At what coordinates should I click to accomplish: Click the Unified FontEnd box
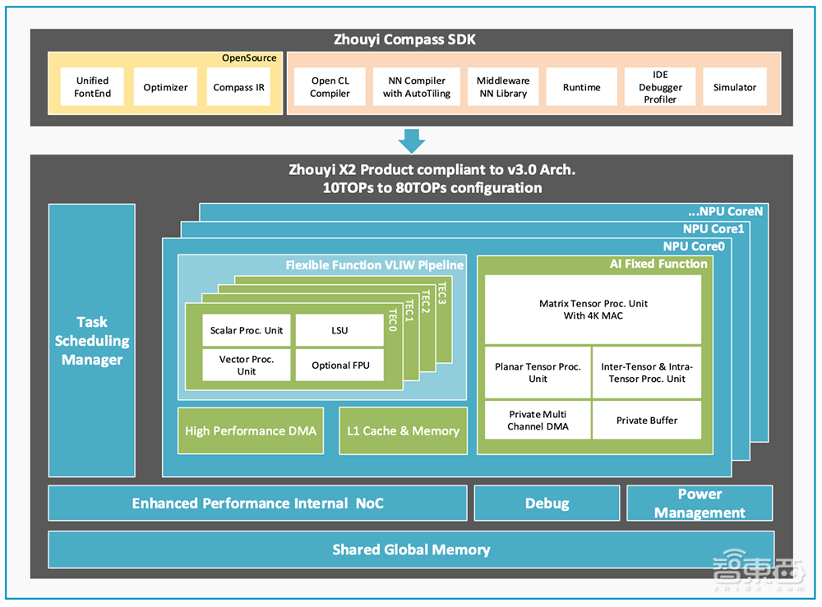click(92, 87)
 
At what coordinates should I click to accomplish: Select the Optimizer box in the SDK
click(165, 87)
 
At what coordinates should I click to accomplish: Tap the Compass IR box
click(238, 87)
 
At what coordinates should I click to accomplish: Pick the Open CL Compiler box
click(330, 87)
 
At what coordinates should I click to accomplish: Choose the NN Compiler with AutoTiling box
click(414, 87)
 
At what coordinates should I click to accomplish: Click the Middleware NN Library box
click(503, 87)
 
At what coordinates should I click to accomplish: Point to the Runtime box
click(581, 87)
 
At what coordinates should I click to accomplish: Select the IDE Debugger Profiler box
click(660, 87)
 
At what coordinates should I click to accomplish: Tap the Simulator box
click(734, 87)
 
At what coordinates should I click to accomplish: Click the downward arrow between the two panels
click(412, 140)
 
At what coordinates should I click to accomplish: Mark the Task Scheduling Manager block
click(91, 340)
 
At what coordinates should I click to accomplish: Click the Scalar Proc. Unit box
click(247, 330)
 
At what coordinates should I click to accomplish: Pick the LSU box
click(339, 330)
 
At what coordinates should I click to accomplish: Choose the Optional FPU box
click(340, 366)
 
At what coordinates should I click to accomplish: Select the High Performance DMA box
click(250, 430)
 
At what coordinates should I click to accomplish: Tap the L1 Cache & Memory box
click(403, 430)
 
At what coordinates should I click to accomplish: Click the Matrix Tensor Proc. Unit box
click(593, 309)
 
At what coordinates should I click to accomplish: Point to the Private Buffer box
click(647, 421)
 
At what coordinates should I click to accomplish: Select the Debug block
click(547, 504)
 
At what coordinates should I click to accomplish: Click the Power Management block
click(700, 504)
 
